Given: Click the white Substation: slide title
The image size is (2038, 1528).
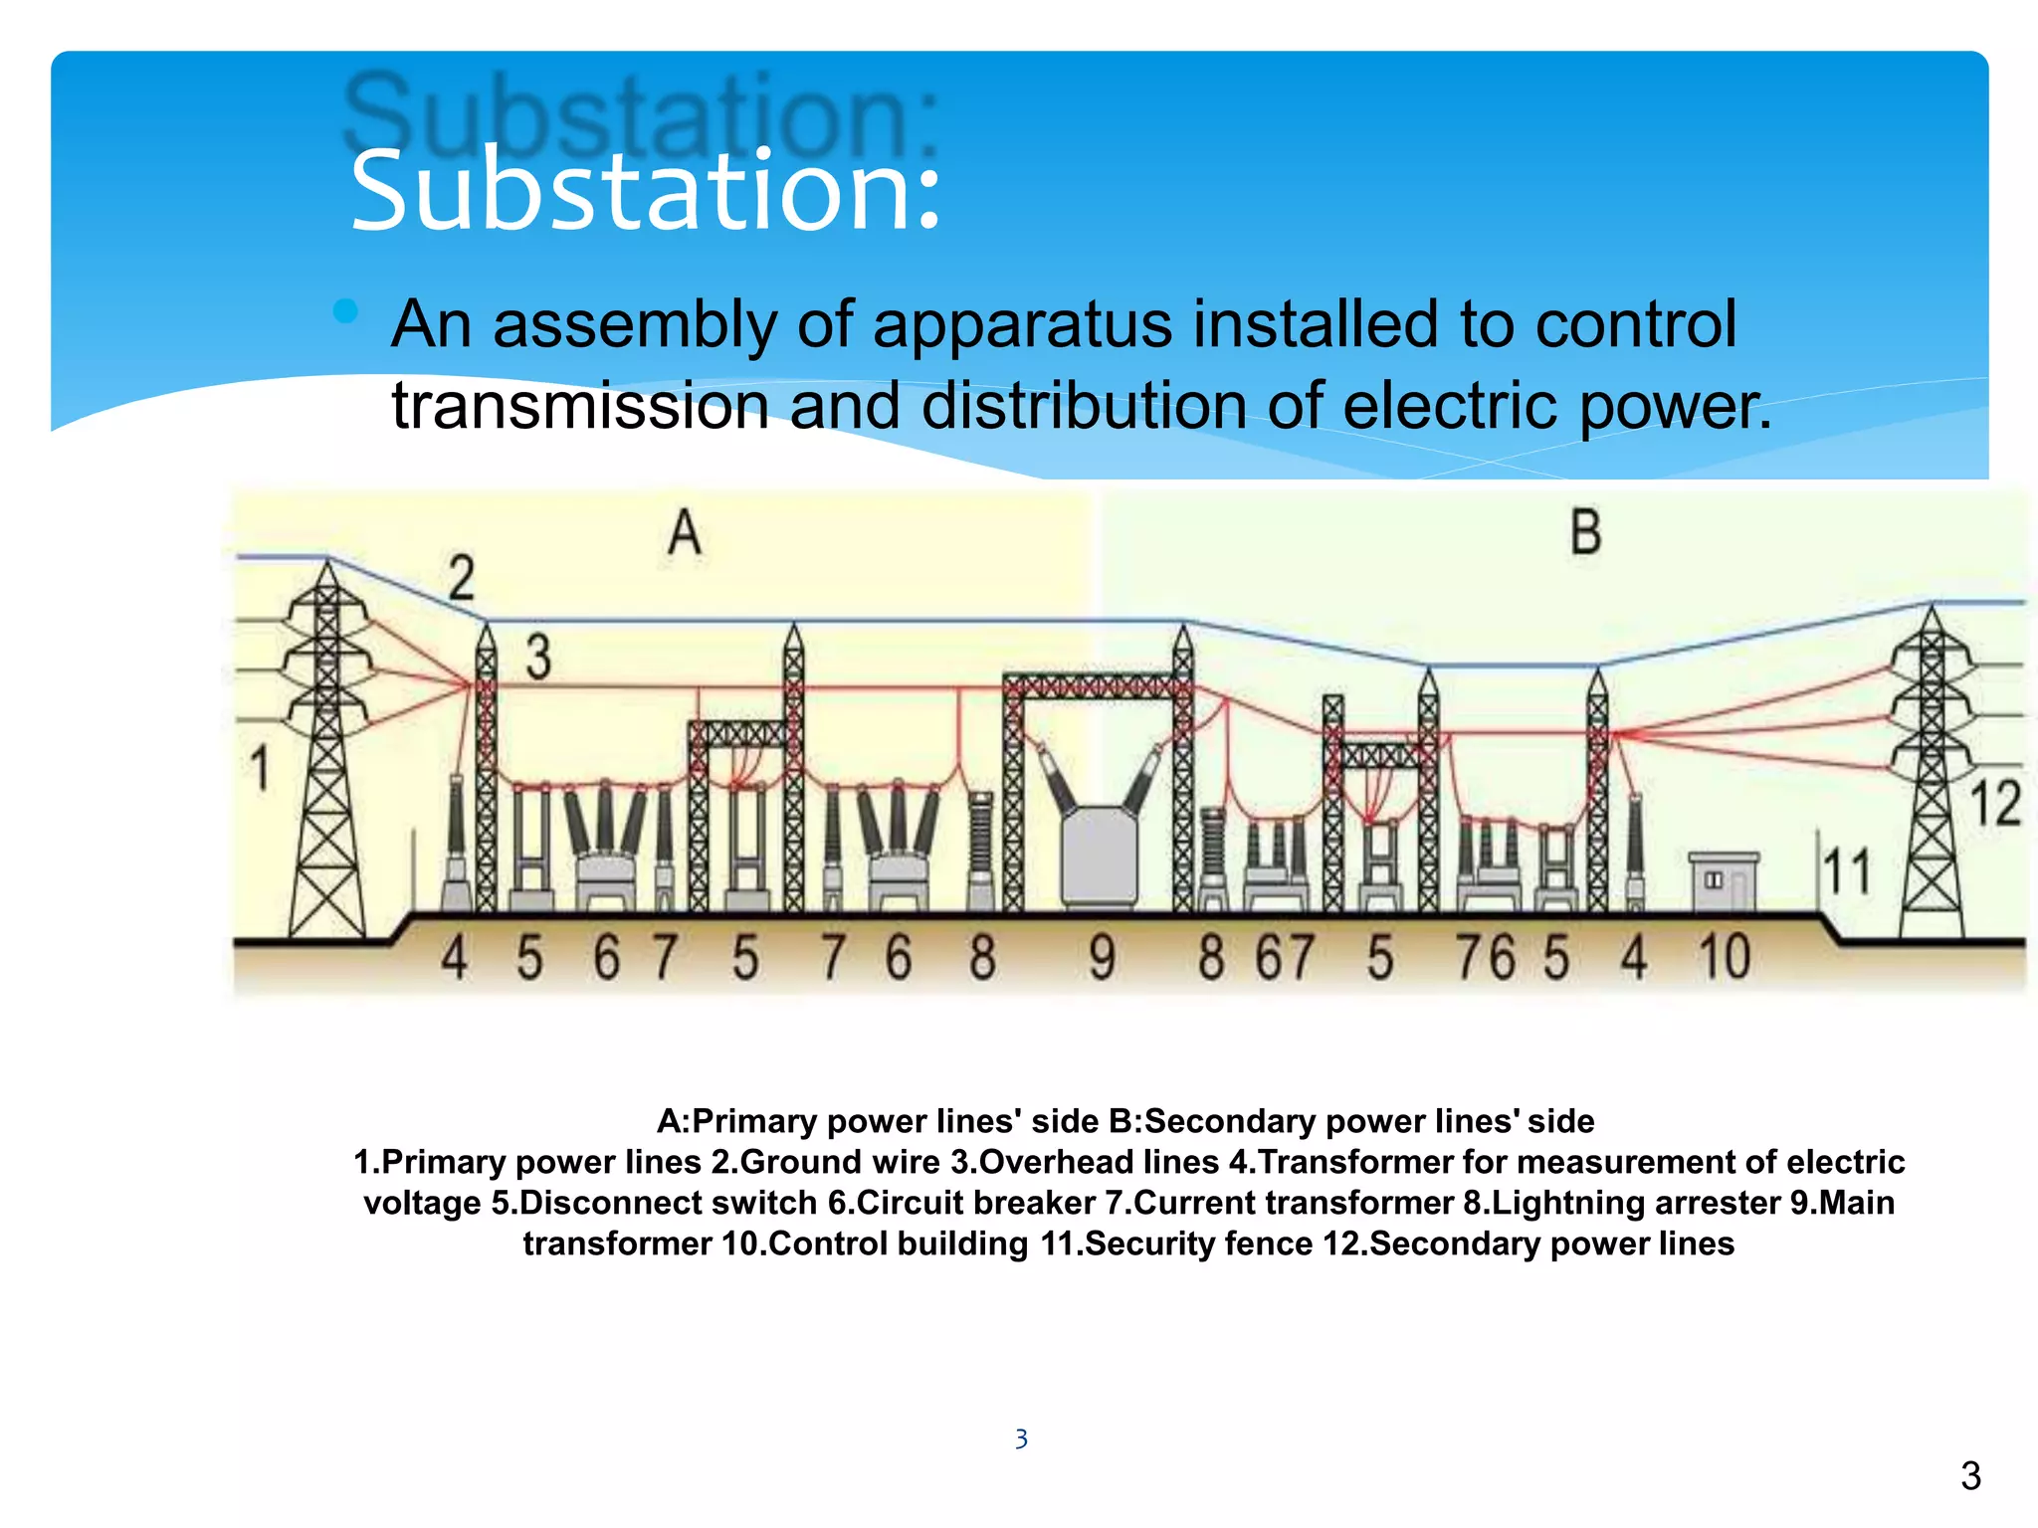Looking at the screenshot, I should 645,191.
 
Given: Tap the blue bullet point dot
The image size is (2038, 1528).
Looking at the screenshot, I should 345,311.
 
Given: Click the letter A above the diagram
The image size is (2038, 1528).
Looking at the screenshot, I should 684,533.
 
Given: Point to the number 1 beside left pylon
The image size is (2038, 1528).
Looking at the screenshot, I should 259,769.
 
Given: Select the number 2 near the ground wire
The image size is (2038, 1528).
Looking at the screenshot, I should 461,578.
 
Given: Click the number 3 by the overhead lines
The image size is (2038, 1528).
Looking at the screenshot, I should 537,657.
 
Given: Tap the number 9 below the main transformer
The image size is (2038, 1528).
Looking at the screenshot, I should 1101,957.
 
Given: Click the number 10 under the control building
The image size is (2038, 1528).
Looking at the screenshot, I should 1724,957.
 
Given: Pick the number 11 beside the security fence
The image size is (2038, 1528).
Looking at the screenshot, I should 1847,871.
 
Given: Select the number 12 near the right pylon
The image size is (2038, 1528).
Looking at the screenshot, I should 1995,804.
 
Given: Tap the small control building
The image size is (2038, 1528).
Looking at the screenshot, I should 1724,881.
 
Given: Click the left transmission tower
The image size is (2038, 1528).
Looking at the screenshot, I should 326,756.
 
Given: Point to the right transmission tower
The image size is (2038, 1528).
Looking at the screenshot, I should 1931,776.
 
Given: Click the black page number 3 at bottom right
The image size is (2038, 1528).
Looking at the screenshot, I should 1970,1475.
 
